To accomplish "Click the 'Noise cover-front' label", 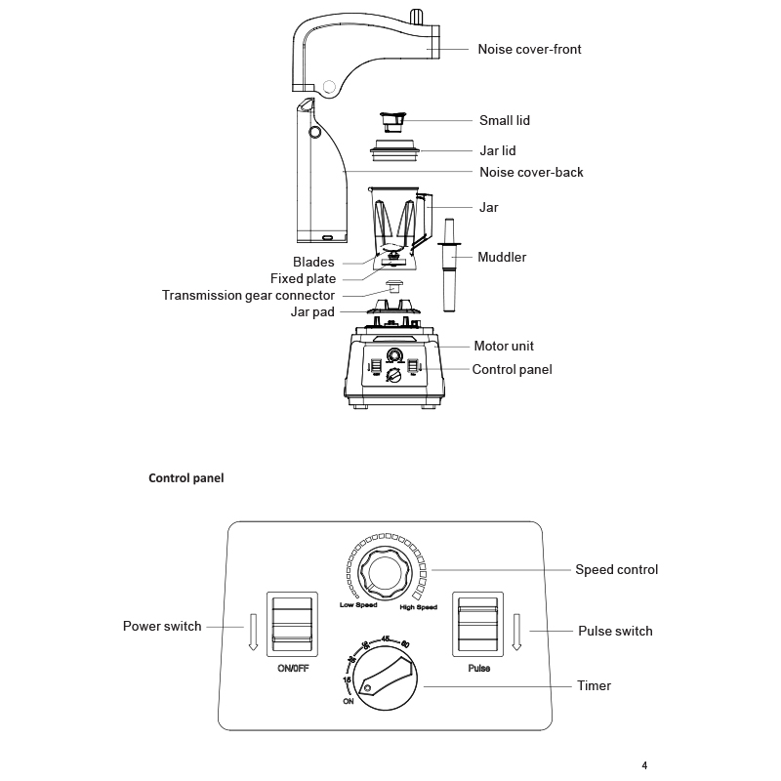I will tap(529, 49).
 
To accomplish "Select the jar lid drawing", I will tap(394, 151).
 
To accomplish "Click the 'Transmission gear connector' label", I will tap(248, 295).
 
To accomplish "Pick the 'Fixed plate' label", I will tap(303, 279).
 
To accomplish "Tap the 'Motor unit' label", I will tap(504, 346).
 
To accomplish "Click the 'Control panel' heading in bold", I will tap(185, 478).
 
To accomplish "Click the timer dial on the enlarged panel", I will tap(384, 678).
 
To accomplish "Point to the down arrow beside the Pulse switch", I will tap(517, 633).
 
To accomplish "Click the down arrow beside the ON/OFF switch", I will tap(253, 633).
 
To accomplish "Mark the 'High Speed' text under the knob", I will tap(418, 607).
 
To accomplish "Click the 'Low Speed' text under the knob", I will tap(357, 605).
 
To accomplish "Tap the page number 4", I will tap(644, 764).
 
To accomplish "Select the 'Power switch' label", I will tap(162, 626).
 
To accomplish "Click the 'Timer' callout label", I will tap(595, 685).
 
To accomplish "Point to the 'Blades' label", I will tap(313, 263).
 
